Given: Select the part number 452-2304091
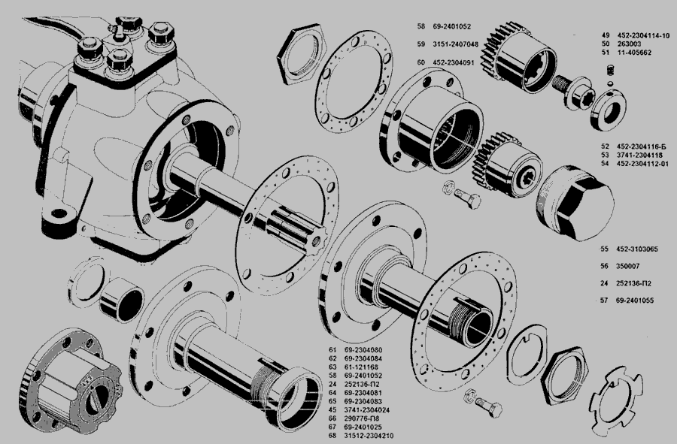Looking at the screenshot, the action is click(454, 62).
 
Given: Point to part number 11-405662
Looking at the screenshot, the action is click(633, 53).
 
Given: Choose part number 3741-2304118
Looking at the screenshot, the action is click(639, 156).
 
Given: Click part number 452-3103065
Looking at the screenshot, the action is click(637, 249).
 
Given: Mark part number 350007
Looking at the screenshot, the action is click(628, 267).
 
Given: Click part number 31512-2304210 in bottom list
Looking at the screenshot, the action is click(369, 436).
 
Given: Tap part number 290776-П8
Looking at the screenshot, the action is click(362, 418).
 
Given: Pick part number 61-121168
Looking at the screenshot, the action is click(361, 367).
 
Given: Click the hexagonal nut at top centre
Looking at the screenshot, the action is click(300, 54).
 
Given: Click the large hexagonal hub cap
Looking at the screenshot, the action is click(577, 203).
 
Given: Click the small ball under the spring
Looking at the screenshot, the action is click(609, 83).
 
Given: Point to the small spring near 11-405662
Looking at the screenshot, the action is click(611, 71).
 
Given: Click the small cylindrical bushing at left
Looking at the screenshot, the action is click(122, 300).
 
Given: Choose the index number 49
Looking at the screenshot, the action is click(606, 35).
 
